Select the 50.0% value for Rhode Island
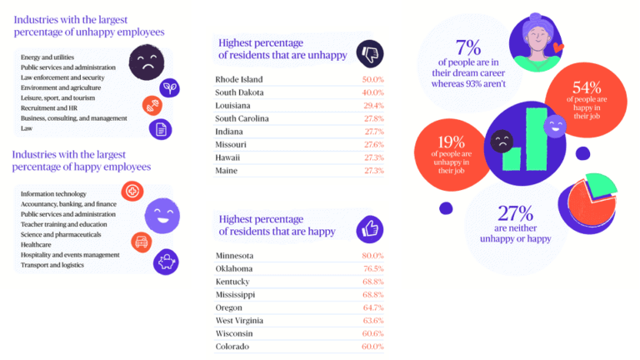pos(372,78)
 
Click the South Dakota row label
pos(241,92)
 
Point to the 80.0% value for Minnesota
pos(372,255)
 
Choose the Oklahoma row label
pos(236,268)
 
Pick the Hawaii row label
pos(227,157)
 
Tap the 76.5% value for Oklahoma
pos(372,268)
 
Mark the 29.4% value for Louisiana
pos(372,105)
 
